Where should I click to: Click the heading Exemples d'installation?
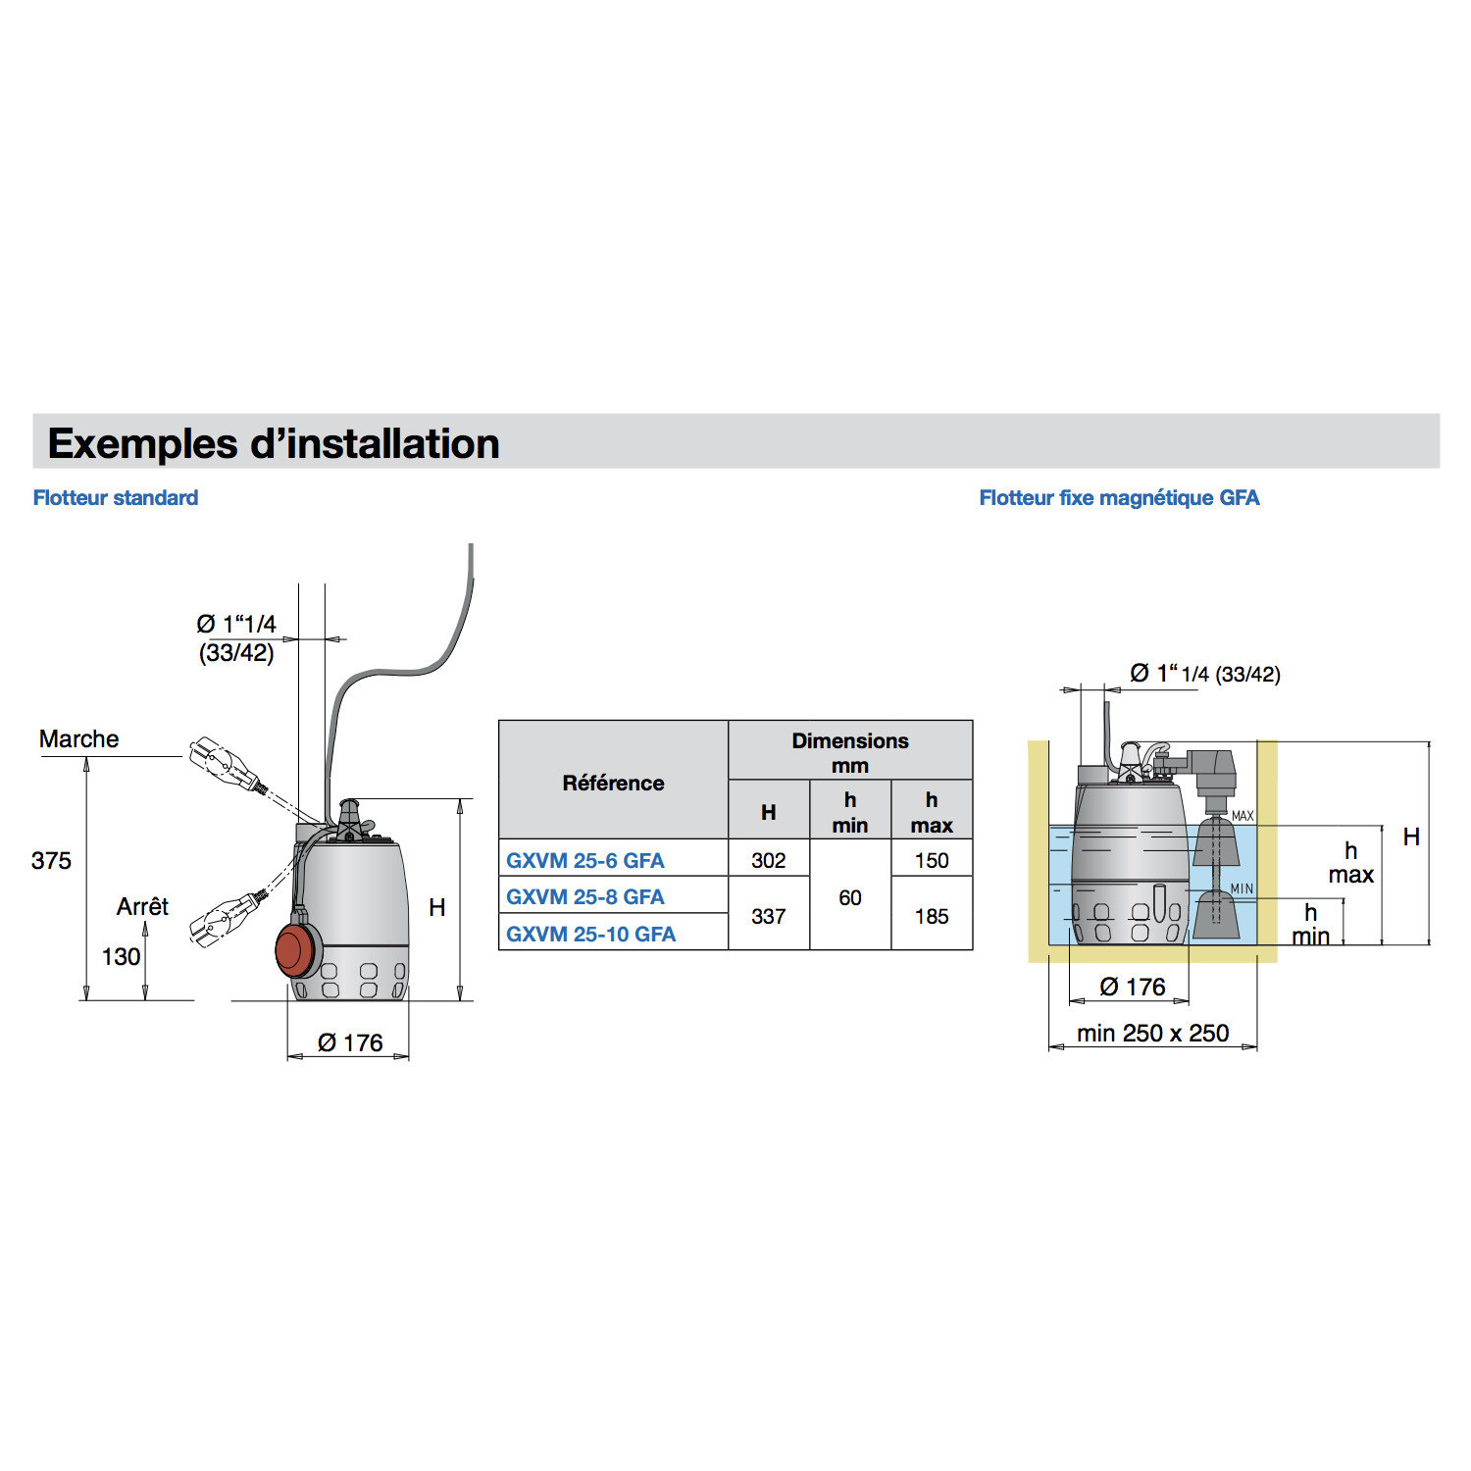(x=274, y=443)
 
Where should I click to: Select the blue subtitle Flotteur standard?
(x=116, y=498)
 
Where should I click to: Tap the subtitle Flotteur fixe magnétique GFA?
(x=1119, y=498)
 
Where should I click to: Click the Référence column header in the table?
(x=613, y=783)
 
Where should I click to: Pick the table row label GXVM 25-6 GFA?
(x=585, y=860)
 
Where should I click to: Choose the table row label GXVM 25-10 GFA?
(x=590, y=934)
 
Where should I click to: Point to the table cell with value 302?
(x=768, y=860)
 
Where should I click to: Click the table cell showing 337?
(x=768, y=916)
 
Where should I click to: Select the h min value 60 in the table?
(x=849, y=897)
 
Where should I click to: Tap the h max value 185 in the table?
(x=931, y=916)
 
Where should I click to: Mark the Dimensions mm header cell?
(x=849, y=752)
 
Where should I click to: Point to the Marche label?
(x=78, y=739)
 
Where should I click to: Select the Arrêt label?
(x=142, y=907)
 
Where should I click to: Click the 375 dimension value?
(x=51, y=861)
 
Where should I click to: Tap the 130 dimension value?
(x=121, y=957)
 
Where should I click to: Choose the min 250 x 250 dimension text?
(x=1152, y=1034)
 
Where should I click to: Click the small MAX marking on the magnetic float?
(x=1243, y=816)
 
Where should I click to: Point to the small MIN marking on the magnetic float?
(x=1242, y=888)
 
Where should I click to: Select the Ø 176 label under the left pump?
(x=350, y=1042)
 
